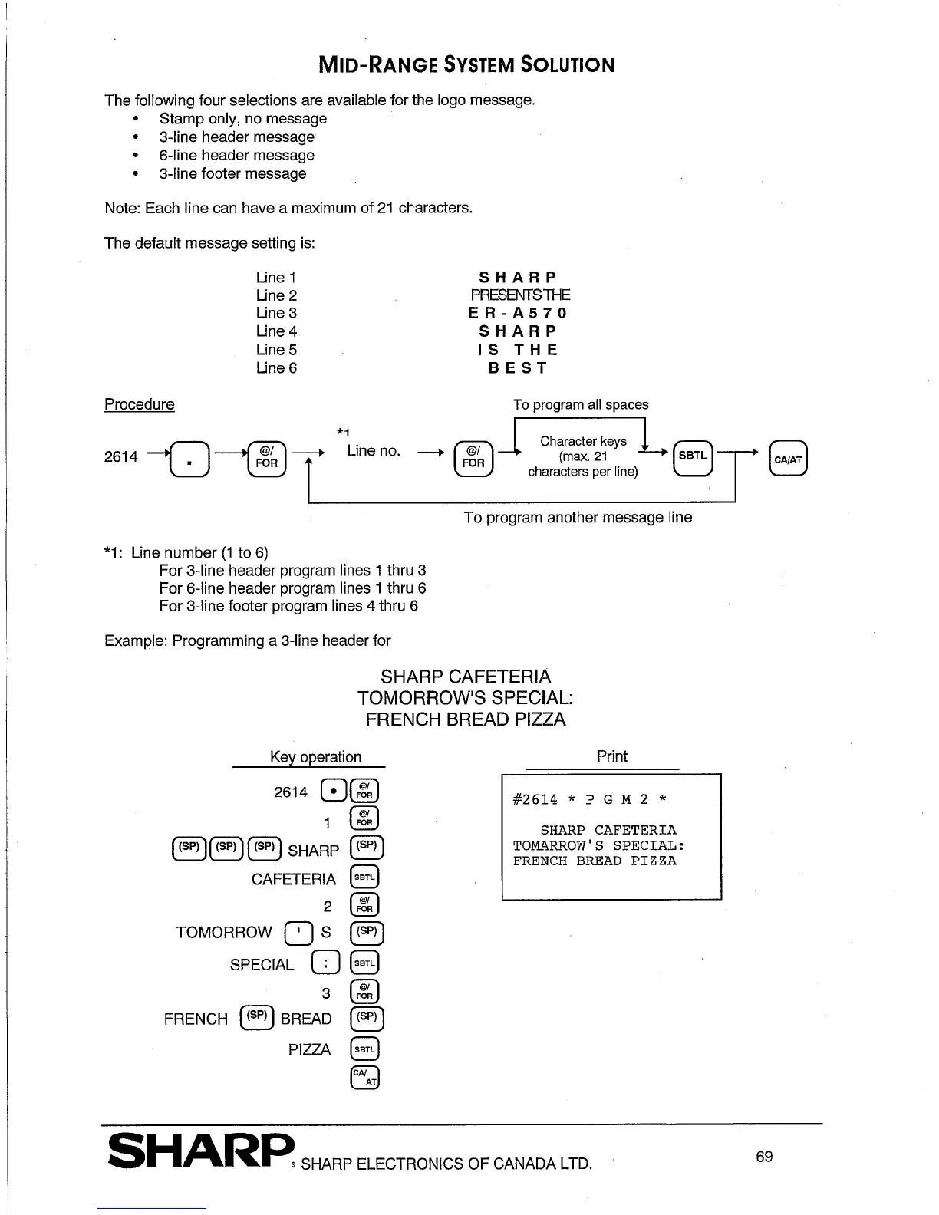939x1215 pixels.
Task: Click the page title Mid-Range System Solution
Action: click(x=466, y=64)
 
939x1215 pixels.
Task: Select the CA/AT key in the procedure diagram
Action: click(x=788, y=459)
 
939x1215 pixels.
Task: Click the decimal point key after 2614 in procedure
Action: click(x=188, y=460)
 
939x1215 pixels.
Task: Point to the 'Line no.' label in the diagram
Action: click(x=374, y=451)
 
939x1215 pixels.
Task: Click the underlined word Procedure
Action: click(x=139, y=404)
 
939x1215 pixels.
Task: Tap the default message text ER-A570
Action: click(x=518, y=313)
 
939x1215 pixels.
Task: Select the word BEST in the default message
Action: click(x=518, y=368)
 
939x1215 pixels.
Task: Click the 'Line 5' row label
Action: click(x=276, y=350)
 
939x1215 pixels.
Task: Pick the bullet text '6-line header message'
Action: click(x=236, y=155)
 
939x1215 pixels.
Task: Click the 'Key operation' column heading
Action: click(x=315, y=757)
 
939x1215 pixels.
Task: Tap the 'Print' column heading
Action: click(x=611, y=756)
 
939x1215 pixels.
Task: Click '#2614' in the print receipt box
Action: click(x=535, y=799)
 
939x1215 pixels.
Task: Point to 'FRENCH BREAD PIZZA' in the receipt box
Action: click(x=595, y=861)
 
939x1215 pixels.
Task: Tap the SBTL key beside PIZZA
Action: click(x=364, y=1049)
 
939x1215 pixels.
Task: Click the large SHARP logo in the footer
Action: click(x=201, y=1152)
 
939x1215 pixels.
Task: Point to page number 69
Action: click(x=763, y=1157)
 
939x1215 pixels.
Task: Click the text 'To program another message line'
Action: click(x=577, y=518)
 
